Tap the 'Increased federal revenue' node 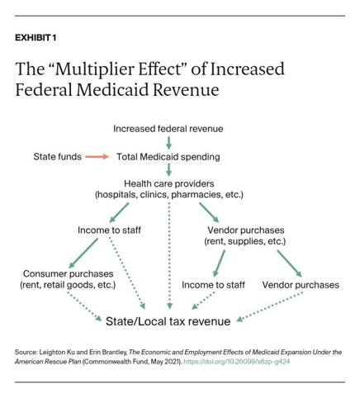coord(168,129)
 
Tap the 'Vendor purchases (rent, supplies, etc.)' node coord(244,235)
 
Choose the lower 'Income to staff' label coord(213,285)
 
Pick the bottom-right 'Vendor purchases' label coord(301,285)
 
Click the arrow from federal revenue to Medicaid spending coord(168,142)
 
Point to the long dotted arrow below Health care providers coord(169,256)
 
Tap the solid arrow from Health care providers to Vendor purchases coord(209,211)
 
